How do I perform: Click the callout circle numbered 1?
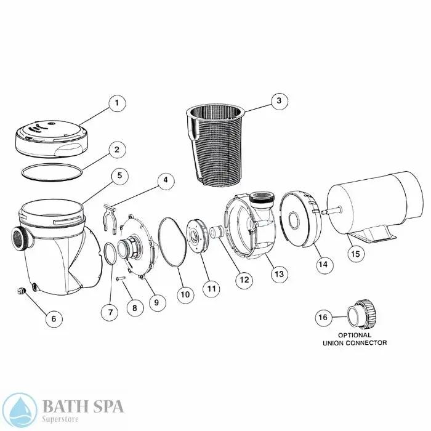(x=117, y=103)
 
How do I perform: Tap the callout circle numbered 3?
(x=279, y=100)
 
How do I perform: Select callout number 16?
(x=323, y=317)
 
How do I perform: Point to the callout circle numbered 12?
(x=244, y=280)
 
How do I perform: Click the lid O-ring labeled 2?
(x=52, y=172)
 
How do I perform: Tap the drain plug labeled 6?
(x=21, y=291)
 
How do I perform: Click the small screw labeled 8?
(x=121, y=279)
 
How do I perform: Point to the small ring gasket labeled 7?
(x=110, y=254)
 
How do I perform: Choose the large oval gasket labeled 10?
(x=172, y=242)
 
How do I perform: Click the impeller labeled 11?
(x=197, y=236)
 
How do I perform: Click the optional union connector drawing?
(x=361, y=313)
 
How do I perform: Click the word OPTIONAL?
(x=354, y=336)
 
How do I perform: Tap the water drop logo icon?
(x=19, y=410)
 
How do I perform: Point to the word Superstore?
(x=60, y=419)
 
